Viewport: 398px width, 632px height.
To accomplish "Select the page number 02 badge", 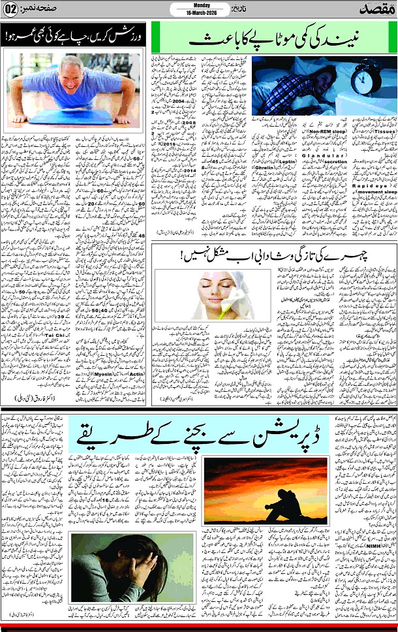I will [x=12, y=9].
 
